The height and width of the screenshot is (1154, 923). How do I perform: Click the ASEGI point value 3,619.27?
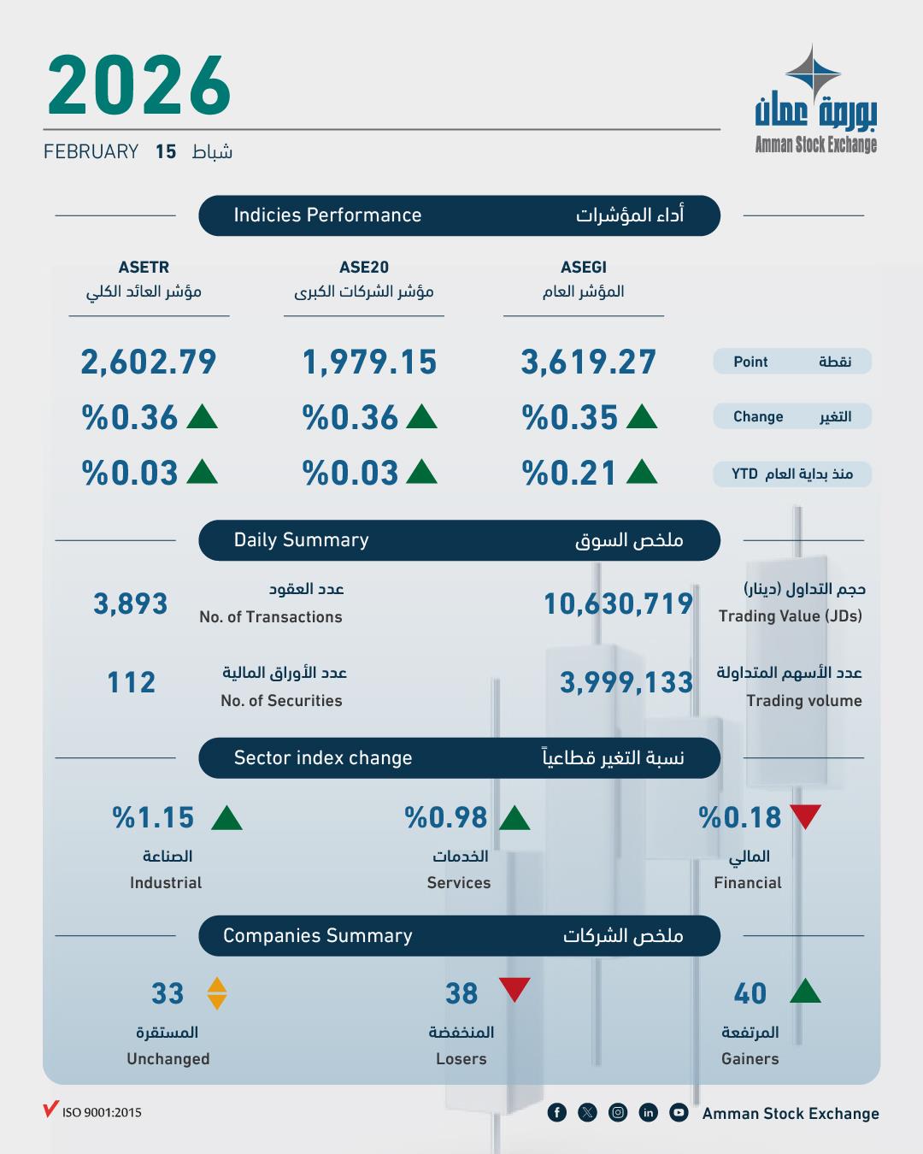pos(589,362)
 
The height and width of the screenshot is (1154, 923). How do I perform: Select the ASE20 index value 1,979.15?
pos(369,362)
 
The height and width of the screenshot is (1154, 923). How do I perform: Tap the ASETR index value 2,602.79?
pos(149,362)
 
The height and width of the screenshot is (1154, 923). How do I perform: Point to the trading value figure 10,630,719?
pos(618,604)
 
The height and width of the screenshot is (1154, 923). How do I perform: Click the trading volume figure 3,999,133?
pos(626,683)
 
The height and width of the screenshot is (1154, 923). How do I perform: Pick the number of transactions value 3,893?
pos(131,604)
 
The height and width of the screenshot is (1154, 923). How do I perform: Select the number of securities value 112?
pos(132,683)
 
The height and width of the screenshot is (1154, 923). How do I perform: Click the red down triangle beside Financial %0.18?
pos(805,816)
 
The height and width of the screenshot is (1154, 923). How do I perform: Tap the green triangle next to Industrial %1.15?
pos(226,819)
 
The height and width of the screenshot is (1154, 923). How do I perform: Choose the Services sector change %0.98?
pos(446,818)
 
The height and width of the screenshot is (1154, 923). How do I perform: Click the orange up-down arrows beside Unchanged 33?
pos(217,993)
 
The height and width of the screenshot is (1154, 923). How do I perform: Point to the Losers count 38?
pos(461,993)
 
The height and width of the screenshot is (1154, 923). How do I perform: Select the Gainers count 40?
pos(750,993)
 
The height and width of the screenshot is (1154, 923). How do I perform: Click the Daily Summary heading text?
pos(302,540)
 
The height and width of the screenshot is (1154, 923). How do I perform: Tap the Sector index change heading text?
pos(323,758)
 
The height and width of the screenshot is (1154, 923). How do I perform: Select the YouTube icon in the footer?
pos(679,1112)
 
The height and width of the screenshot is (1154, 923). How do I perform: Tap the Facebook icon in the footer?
pos(556,1112)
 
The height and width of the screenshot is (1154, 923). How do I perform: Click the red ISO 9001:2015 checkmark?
pos(50,1110)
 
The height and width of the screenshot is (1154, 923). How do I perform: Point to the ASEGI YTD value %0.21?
pos(569,474)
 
